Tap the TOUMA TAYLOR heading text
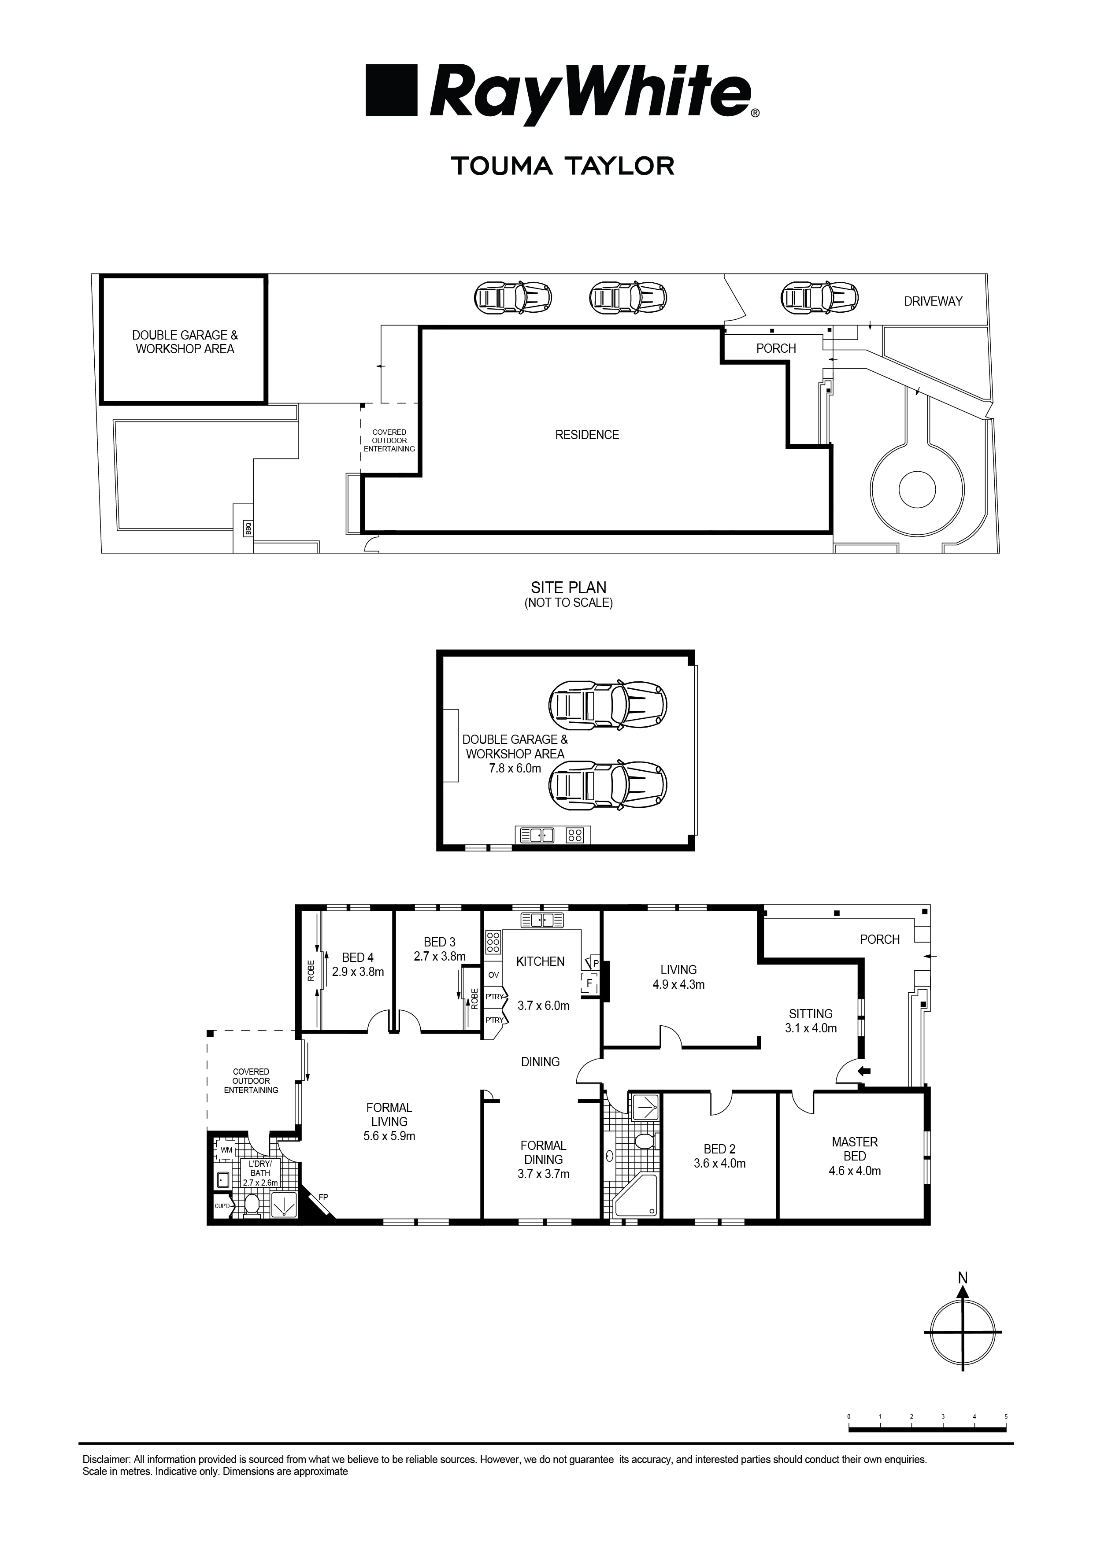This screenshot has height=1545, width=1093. pos(563,166)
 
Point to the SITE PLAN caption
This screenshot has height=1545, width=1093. pos(569,588)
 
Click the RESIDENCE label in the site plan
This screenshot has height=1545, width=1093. pos(587,435)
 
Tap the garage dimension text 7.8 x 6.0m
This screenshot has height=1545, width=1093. pos(515,768)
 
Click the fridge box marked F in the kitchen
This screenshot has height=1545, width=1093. pos(589,983)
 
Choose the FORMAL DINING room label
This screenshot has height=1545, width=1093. pos(543,1152)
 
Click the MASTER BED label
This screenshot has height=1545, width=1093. pos(855,1149)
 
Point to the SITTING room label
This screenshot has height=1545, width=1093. pos(811,1013)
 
